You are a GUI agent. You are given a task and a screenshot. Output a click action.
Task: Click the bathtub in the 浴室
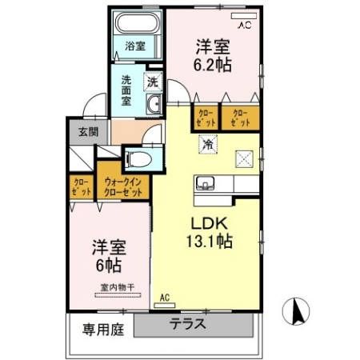137,24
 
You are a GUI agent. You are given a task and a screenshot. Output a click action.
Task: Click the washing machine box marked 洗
152,81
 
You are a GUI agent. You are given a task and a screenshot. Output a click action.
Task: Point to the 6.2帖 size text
213,65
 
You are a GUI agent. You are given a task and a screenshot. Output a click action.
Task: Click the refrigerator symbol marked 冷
207,146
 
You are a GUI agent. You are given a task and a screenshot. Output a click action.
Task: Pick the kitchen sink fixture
206,183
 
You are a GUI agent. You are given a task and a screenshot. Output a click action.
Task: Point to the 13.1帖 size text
210,242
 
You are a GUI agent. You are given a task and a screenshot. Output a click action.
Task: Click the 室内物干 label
117,286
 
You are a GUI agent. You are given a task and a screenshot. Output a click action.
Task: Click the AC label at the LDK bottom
166,298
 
